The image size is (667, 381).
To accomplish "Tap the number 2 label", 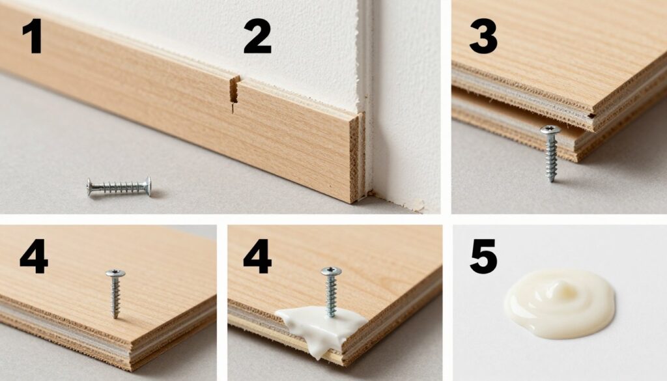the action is (257, 37).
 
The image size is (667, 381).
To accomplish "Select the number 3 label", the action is (483, 37).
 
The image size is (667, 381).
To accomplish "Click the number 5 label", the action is (484, 257).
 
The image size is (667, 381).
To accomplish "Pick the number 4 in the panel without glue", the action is (34, 256).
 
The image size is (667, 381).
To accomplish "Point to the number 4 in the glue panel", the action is (257, 256).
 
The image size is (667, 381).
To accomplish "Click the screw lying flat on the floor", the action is (119, 186).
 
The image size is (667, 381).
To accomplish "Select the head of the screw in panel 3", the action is (550, 130).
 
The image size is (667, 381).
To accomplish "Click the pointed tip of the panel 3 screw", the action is (552, 180).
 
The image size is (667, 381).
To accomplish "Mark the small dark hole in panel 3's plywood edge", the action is (591, 115).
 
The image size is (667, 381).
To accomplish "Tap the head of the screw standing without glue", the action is (115, 273).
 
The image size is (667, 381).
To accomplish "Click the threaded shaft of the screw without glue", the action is (115, 298).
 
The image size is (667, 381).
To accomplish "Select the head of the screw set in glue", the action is (332, 271).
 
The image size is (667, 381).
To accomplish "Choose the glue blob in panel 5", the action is (560, 303).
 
